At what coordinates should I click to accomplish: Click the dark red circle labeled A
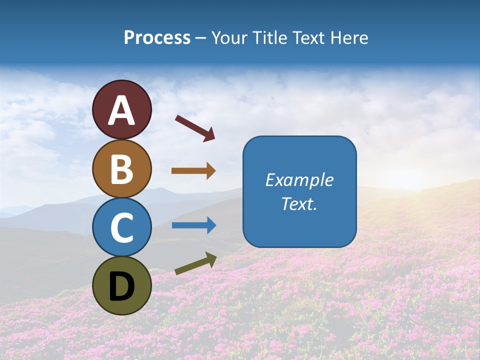point(121,109)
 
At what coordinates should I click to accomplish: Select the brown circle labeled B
point(121,168)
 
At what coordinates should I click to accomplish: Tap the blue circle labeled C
point(121,227)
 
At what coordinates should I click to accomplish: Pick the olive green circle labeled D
point(121,285)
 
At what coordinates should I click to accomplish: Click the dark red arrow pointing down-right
point(195,128)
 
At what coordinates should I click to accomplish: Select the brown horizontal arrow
point(193,171)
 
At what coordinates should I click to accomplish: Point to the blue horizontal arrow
point(193,225)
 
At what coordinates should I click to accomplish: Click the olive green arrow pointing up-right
point(195,263)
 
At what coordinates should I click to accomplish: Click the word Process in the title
point(157,38)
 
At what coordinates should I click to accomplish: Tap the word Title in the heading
point(267,38)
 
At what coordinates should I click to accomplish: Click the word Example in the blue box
point(299,180)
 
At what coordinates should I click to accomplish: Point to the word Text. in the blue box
point(299,203)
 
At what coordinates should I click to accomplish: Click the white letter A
point(121,110)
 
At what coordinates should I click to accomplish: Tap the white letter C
point(121,228)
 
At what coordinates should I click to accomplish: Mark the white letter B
point(121,169)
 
